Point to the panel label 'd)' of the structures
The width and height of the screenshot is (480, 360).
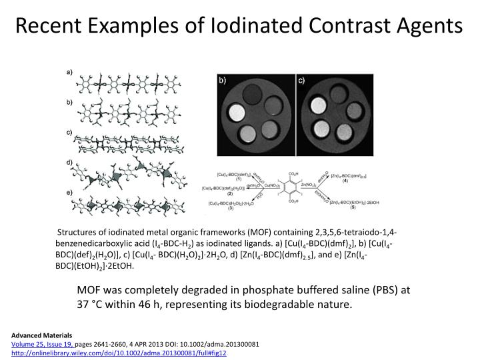coord(69,162)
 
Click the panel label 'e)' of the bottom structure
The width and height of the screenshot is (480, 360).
coord(69,192)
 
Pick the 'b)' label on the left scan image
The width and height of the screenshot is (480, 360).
coord(223,80)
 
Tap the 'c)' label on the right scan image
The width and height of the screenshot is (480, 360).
coord(301,80)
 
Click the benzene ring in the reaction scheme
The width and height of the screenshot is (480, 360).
coord(291,188)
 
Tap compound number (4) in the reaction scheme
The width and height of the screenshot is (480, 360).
coord(345,181)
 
